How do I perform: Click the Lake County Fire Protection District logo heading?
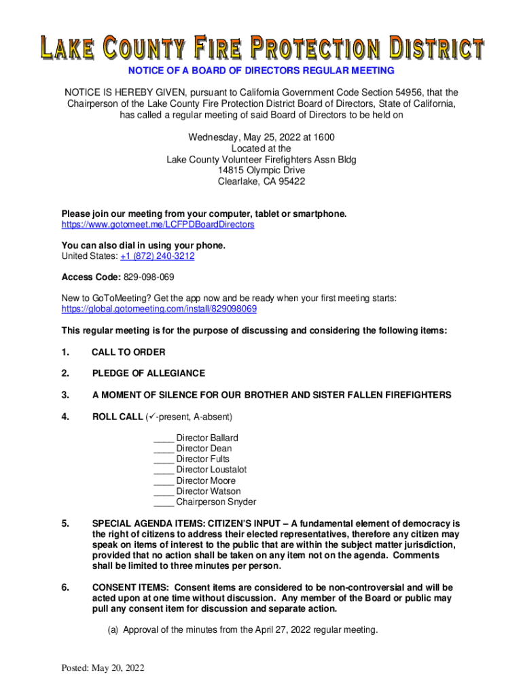(261, 48)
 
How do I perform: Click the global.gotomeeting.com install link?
(159, 309)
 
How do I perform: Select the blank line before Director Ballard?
(163, 438)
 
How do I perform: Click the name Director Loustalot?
(211, 470)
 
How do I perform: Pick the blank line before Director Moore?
(163, 481)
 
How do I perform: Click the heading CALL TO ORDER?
(128, 352)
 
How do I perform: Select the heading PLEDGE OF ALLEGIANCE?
(148, 373)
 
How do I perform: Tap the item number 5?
(65, 524)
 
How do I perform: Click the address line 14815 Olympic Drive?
(261, 171)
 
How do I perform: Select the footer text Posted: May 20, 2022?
(103, 669)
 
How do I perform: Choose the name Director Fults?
(202, 459)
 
